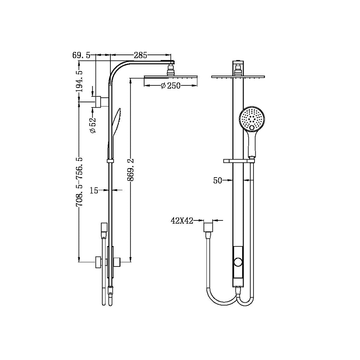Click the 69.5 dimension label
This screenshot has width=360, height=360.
tap(81, 55)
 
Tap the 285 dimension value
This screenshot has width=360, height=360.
tap(140, 55)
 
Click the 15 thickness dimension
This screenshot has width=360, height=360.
tap(94, 190)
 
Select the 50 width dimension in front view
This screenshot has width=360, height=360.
tap(218, 180)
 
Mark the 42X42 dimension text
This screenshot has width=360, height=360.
tap(182, 221)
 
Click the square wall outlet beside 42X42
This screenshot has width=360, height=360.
tap(209, 226)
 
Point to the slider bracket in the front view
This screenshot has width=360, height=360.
tap(239, 161)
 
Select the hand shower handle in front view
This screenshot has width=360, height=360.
tap(252, 144)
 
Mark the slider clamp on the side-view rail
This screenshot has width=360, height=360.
tap(110, 161)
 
